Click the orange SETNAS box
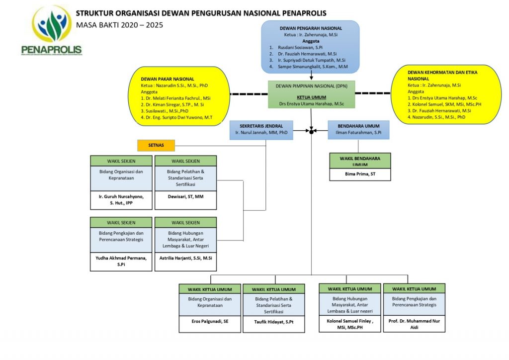(157, 145)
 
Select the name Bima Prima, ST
(360, 174)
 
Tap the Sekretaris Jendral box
(261, 130)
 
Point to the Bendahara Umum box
(358, 130)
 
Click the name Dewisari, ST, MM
(185, 196)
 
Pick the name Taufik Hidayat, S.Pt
(273, 322)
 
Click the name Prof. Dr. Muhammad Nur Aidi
(414, 325)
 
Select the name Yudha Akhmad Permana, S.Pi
(121, 261)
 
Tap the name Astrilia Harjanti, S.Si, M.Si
(185, 258)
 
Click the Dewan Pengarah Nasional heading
(310, 29)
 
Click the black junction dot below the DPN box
(311, 131)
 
